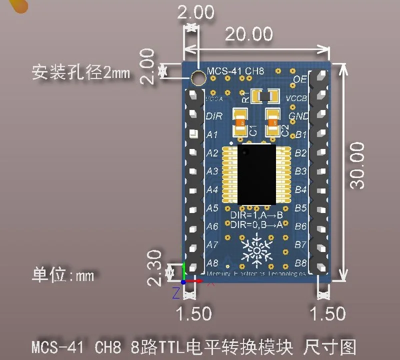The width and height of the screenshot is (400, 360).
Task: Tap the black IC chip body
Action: tap(256, 174)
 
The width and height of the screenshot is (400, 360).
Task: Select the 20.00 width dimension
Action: tap(249, 34)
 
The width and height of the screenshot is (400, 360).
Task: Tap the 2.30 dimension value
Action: tap(155, 268)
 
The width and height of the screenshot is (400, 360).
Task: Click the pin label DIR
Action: tap(213, 116)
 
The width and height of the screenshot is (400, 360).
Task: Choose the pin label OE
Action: tap(299, 79)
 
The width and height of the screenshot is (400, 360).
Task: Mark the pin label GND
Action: tap(299, 116)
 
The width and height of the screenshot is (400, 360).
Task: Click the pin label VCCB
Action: tap(296, 98)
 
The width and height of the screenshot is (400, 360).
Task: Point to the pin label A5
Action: tap(212, 208)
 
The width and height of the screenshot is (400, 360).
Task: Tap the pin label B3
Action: tap(300, 171)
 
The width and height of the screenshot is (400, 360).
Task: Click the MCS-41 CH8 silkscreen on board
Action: tap(235, 70)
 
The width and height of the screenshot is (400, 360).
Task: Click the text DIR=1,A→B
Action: tap(256, 215)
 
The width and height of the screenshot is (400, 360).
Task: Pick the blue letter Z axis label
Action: tap(175, 293)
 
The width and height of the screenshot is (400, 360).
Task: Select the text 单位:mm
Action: tap(63, 275)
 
